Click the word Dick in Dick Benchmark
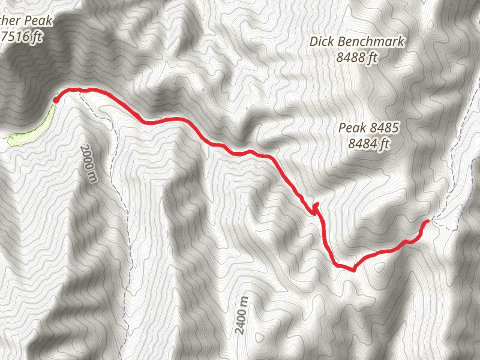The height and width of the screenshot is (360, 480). coord(324,42)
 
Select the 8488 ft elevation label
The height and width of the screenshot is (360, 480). coord(357,58)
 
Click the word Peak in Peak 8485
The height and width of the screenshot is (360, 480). coord(352,128)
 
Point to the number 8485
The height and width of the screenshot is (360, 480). coord(385,128)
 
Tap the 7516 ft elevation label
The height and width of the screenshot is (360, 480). coord(22,37)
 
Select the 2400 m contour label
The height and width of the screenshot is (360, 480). coord(242,317)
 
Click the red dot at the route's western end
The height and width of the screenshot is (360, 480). coord(55,100)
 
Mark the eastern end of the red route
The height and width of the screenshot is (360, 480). coord(427,222)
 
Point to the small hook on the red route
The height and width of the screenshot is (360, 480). coord(314,208)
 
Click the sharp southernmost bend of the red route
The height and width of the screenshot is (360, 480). coord(353,269)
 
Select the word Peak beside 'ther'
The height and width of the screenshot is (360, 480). coord(38,21)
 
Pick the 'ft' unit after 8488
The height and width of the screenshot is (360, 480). coord(373,58)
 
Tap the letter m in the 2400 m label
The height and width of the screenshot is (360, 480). coord(242,300)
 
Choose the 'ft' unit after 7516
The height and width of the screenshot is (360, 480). coord(37,37)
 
